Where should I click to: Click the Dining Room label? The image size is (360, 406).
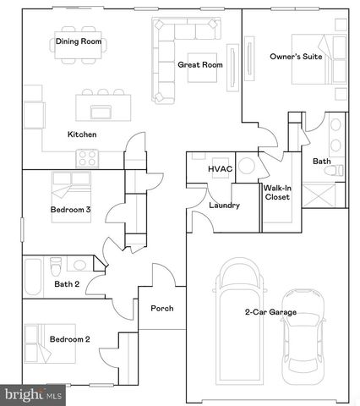pyautogui.click(x=79, y=41)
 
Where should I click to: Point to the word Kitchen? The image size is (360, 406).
pyautogui.click(x=82, y=134)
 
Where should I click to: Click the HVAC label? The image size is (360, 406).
pyautogui.click(x=220, y=169)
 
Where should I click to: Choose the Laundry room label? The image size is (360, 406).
pyautogui.click(x=224, y=206)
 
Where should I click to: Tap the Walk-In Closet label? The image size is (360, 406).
pyautogui.click(x=277, y=192)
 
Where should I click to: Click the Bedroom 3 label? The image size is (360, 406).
pyautogui.click(x=70, y=210)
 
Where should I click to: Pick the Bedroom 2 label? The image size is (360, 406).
pyautogui.click(x=69, y=339)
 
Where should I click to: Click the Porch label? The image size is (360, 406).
pyautogui.click(x=162, y=308)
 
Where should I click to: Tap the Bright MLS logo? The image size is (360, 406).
pyautogui.click(x=31, y=394)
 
